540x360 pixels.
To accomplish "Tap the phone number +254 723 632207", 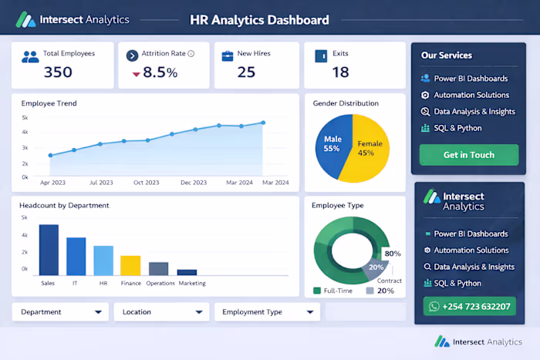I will pos(468,306).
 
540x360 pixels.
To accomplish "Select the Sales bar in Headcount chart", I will pos(49,250).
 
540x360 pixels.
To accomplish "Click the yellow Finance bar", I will pos(130,265).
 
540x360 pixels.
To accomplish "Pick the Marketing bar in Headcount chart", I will pos(187,272).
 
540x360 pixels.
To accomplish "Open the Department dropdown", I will pos(60,312).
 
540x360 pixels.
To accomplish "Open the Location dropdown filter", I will pos(161,312).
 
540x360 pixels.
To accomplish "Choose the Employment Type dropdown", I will pos(266,312).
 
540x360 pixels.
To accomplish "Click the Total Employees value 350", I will pos(58,72).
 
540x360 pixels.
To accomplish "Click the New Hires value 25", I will pos(246,72).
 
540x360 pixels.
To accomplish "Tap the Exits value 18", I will pos(340,72).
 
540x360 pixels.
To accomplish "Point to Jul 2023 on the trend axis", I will pos(101,183).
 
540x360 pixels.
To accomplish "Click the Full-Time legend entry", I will pos(333,291).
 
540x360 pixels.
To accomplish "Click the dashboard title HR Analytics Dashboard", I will pos(259,20).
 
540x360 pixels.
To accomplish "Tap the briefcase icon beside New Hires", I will pos(228,56).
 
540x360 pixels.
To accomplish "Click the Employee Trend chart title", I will pos(49,103).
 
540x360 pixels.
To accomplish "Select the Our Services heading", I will pos(447,56).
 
